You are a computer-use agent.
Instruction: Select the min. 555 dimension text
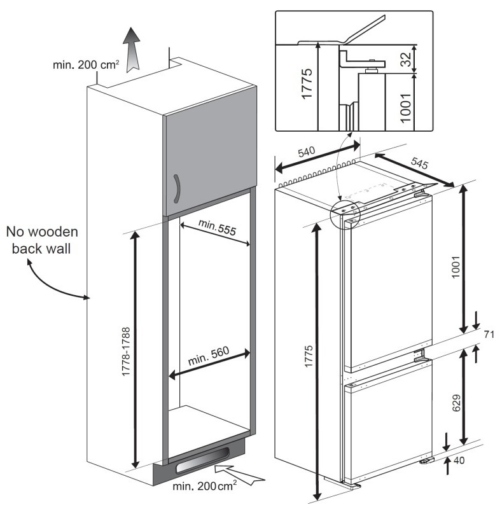[x=216, y=228]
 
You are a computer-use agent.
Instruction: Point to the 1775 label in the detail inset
[x=307, y=83]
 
